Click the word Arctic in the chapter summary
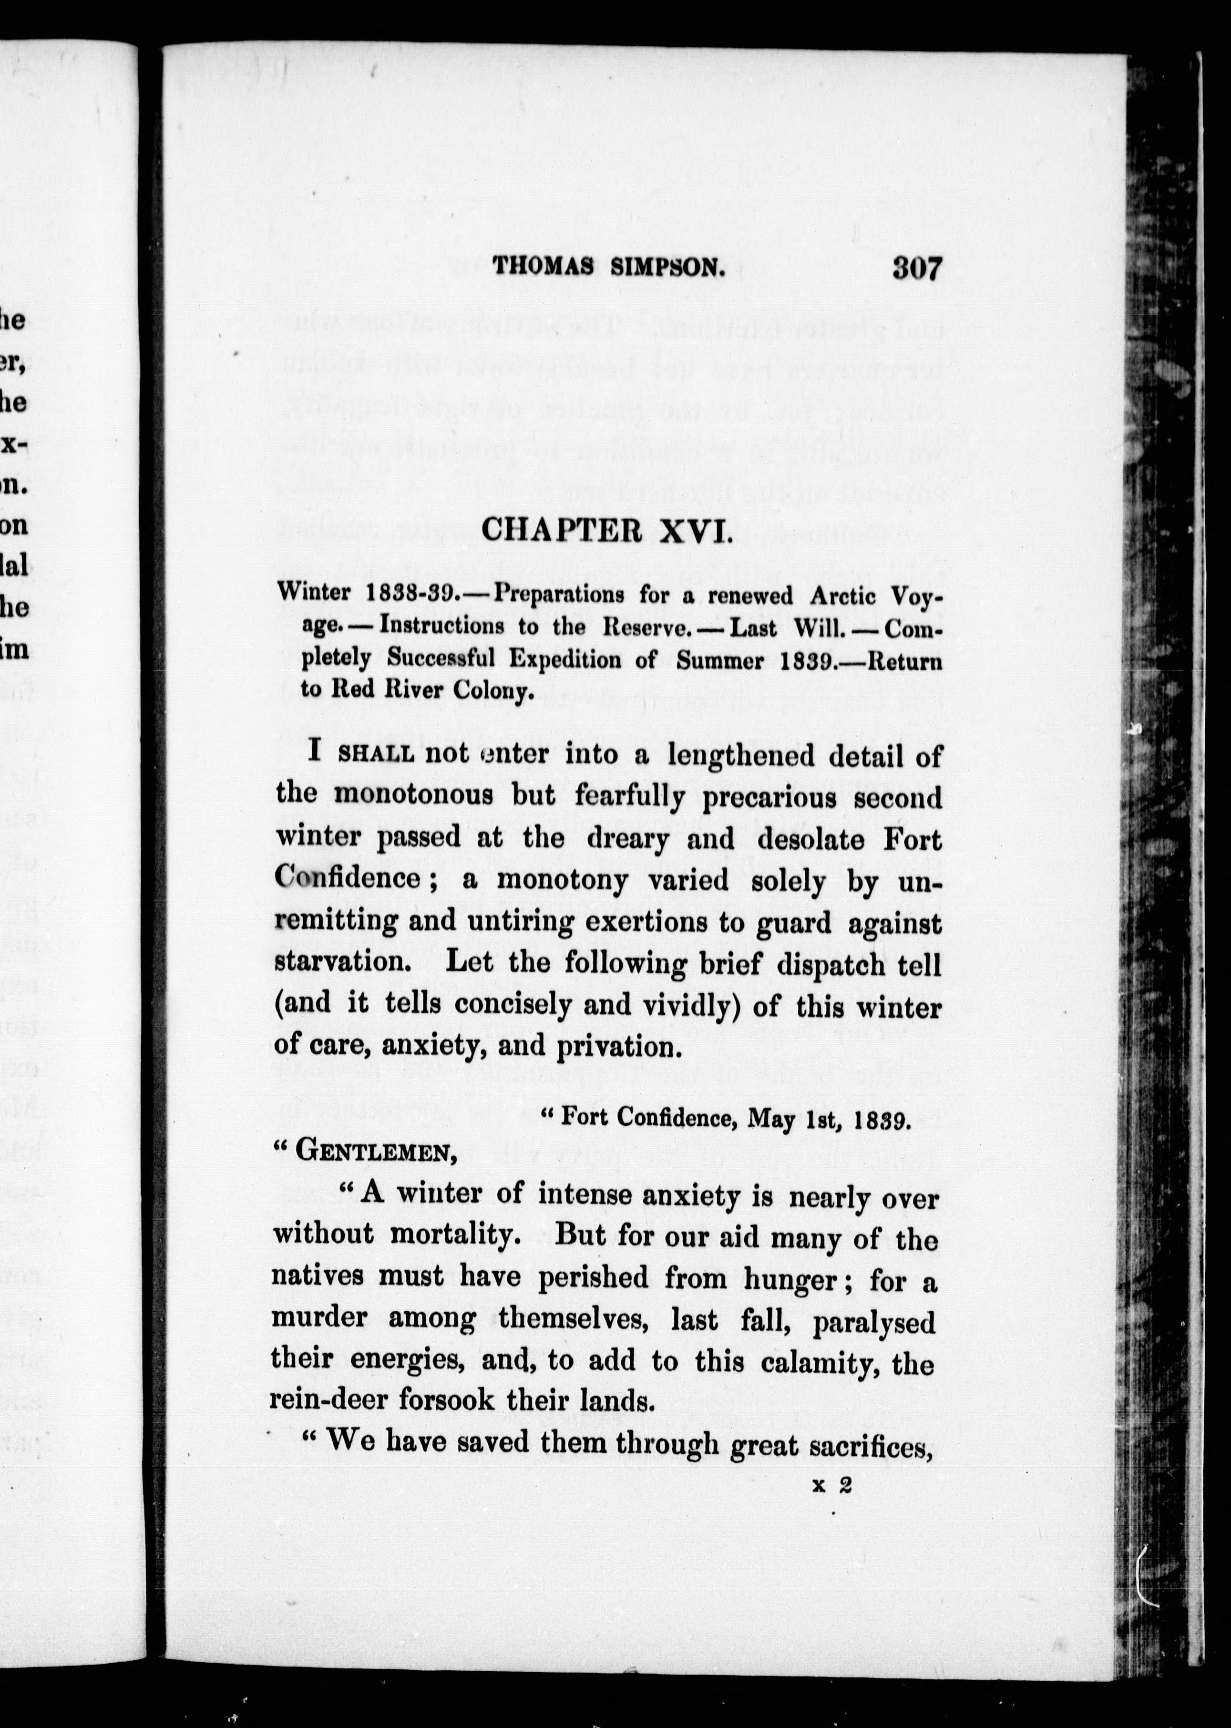[x=842, y=595]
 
